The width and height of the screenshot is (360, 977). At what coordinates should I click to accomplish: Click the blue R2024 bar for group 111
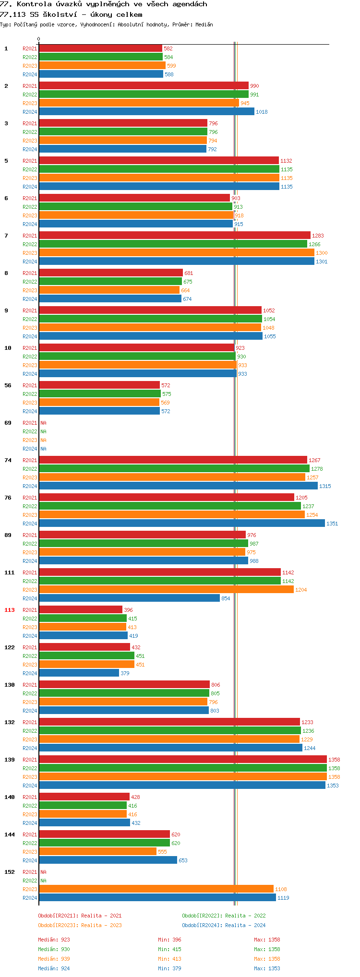click(x=129, y=598)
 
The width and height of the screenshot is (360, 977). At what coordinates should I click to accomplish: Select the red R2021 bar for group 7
click(x=175, y=236)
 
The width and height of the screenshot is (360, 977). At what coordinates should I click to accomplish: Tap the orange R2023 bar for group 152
click(x=156, y=889)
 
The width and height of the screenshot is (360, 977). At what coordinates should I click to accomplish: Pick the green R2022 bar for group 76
click(x=170, y=506)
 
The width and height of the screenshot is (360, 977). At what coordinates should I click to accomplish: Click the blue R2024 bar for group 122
click(x=79, y=673)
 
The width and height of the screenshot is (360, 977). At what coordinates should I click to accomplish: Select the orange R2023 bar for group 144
click(x=97, y=852)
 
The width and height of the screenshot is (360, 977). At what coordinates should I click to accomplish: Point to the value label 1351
click(x=332, y=524)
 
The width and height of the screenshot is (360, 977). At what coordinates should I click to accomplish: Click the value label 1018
click(x=262, y=112)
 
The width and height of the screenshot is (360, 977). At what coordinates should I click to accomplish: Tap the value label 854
click(x=226, y=598)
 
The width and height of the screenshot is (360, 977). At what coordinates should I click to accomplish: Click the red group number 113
click(x=10, y=610)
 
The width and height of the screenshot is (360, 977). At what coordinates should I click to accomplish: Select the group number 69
click(x=8, y=423)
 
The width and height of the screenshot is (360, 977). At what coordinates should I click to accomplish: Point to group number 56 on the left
click(x=8, y=385)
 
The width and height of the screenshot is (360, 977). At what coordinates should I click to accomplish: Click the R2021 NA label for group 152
click(x=43, y=872)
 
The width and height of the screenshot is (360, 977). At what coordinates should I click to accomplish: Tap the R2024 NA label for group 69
click(x=43, y=449)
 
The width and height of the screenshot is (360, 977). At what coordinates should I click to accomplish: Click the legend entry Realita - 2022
click(x=224, y=916)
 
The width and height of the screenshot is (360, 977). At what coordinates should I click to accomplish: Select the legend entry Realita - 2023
click(x=80, y=925)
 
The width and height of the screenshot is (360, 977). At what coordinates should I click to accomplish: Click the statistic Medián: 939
click(x=54, y=959)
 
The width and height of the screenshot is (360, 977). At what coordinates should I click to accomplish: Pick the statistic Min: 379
click(x=169, y=968)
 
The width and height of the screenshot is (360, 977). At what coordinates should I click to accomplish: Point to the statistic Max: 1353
click(x=267, y=968)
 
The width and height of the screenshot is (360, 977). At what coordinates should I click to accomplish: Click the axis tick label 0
click(x=39, y=39)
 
